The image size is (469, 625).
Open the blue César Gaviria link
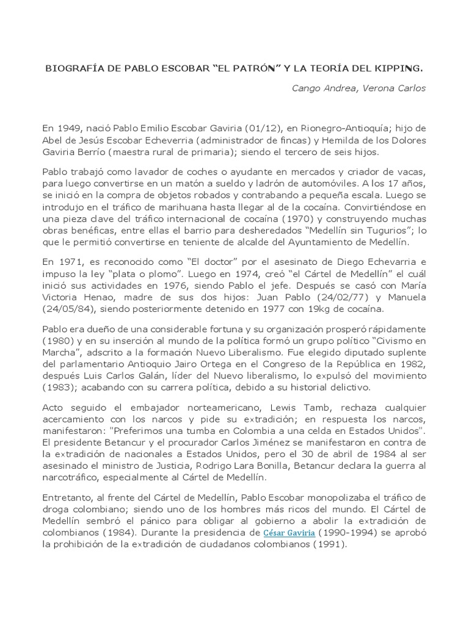click(x=289, y=533)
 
